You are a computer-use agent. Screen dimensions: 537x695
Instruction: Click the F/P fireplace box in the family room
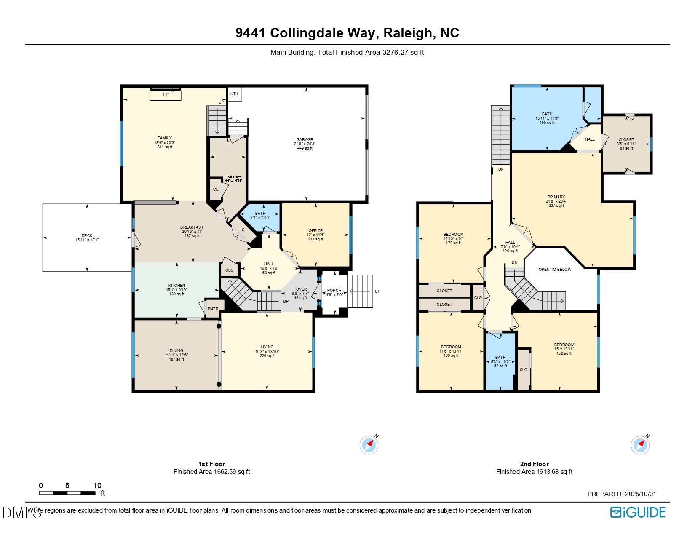pyautogui.click(x=166, y=95)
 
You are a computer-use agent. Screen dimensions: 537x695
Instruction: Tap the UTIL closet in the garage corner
pyautogui.click(x=235, y=94)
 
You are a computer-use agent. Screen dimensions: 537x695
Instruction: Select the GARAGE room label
pyautogui.click(x=305, y=140)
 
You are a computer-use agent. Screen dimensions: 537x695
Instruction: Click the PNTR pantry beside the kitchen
pyautogui.click(x=213, y=309)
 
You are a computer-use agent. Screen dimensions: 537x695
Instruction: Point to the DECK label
pyautogui.click(x=87, y=236)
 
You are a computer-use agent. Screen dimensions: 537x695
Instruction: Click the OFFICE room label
pyautogui.click(x=315, y=231)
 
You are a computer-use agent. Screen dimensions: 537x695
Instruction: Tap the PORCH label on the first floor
pyautogui.click(x=334, y=291)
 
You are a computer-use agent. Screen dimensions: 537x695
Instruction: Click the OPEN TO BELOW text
pyautogui.click(x=555, y=270)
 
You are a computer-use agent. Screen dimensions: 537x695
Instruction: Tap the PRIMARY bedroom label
pyautogui.click(x=556, y=197)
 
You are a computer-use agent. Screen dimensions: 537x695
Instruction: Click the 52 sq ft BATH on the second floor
pyautogui.click(x=500, y=360)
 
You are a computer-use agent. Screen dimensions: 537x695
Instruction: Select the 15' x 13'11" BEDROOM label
pyautogui.click(x=564, y=345)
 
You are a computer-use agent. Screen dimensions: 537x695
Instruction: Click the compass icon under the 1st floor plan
pyautogui.click(x=369, y=445)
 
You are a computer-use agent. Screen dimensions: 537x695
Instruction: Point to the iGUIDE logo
pyautogui.click(x=638, y=512)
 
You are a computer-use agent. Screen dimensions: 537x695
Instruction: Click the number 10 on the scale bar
pyautogui.click(x=97, y=486)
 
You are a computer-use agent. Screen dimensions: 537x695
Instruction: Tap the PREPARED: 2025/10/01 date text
pyautogui.click(x=622, y=494)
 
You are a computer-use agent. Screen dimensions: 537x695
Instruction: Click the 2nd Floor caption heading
pyautogui.click(x=534, y=464)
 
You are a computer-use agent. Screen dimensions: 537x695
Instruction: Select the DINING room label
pyautogui.click(x=176, y=351)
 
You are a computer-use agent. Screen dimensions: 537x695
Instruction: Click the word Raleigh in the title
pyautogui.click(x=407, y=33)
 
